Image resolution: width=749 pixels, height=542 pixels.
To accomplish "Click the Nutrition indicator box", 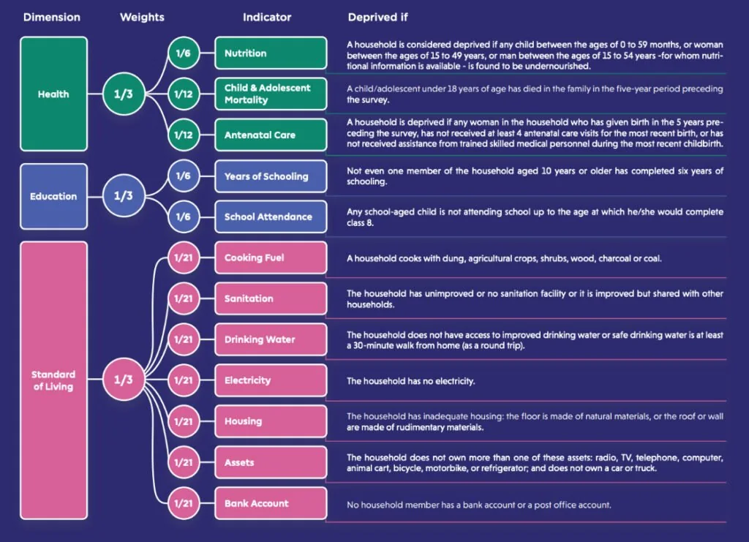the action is tap(271, 53).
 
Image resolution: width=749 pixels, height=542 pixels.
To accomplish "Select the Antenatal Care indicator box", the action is tap(271, 135).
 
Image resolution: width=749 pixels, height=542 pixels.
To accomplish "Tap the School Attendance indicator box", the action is tap(271, 217).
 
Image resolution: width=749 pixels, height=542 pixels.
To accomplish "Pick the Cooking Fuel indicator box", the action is tap(271, 258).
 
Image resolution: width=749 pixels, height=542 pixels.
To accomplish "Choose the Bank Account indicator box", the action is tap(271, 503).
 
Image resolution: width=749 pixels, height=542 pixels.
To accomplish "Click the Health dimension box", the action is tap(53, 94).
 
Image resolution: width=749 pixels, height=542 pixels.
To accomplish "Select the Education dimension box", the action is tap(53, 196).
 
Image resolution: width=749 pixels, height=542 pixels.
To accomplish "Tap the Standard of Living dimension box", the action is tap(53, 380).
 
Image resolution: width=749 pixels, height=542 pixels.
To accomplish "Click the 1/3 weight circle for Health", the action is tap(123, 94).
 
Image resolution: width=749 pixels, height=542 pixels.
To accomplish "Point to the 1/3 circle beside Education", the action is tap(123, 196).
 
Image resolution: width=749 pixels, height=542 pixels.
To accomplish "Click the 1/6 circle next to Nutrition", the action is tap(184, 53).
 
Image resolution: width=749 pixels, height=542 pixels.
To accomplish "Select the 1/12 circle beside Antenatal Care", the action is tap(184, 135).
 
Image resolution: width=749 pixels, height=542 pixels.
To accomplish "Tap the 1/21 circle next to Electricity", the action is tap(184, 380).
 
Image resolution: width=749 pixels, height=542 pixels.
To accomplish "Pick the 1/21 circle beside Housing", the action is tap(184, 421).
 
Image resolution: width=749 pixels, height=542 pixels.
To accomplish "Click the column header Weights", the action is tap(142, 18).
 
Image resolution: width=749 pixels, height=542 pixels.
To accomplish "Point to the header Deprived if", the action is tap(377, 18).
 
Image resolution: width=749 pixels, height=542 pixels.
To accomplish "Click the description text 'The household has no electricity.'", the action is tap(411, 381).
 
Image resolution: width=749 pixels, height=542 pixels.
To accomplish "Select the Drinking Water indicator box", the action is tap(271, 339).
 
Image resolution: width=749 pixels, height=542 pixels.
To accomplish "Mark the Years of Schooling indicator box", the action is tap(271, 176).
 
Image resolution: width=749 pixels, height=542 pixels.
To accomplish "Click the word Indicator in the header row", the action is tap(266, 18).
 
